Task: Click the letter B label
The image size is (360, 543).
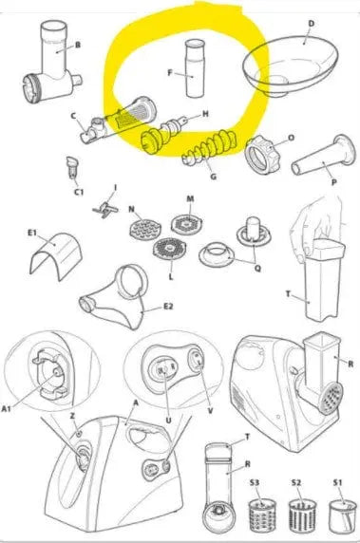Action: (x=78, y=45)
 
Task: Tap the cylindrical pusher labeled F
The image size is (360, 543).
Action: (x=195, y=68)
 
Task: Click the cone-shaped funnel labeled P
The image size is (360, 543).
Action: (x=324, y=154)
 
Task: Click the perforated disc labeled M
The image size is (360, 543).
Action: (x=187, y=223)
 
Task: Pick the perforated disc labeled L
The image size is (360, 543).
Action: (x=169, y=249)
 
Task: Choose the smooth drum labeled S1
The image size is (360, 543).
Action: (x=342, y=516)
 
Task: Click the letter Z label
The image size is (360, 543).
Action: (x=72, y=416)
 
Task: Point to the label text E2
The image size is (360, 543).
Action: (x=168, y=307)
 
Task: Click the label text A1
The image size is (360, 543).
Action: (x=7, y=409)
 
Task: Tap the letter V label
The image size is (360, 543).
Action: (x=210, y=411)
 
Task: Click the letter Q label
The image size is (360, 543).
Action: (x=257, y=269)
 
